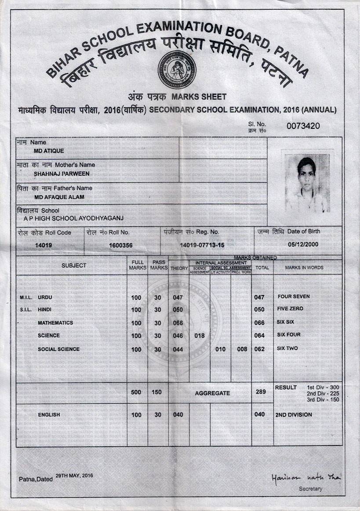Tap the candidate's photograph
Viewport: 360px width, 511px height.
(x=307, y=182)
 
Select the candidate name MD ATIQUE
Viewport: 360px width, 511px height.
(x=49, y=151)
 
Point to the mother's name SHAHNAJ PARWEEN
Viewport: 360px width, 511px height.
(x=62, y=174)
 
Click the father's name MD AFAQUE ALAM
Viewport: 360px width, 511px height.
(x=59, y=197)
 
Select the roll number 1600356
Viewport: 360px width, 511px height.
(x=120, y=245)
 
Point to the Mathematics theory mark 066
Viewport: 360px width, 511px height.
(x=178, y=323)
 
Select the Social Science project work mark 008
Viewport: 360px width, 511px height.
(x=242, y=349)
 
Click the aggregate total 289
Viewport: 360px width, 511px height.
(x=261, y=391)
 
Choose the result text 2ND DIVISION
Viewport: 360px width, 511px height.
(x=294, y=415)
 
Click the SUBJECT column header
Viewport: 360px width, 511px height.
(x=74, y=266)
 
